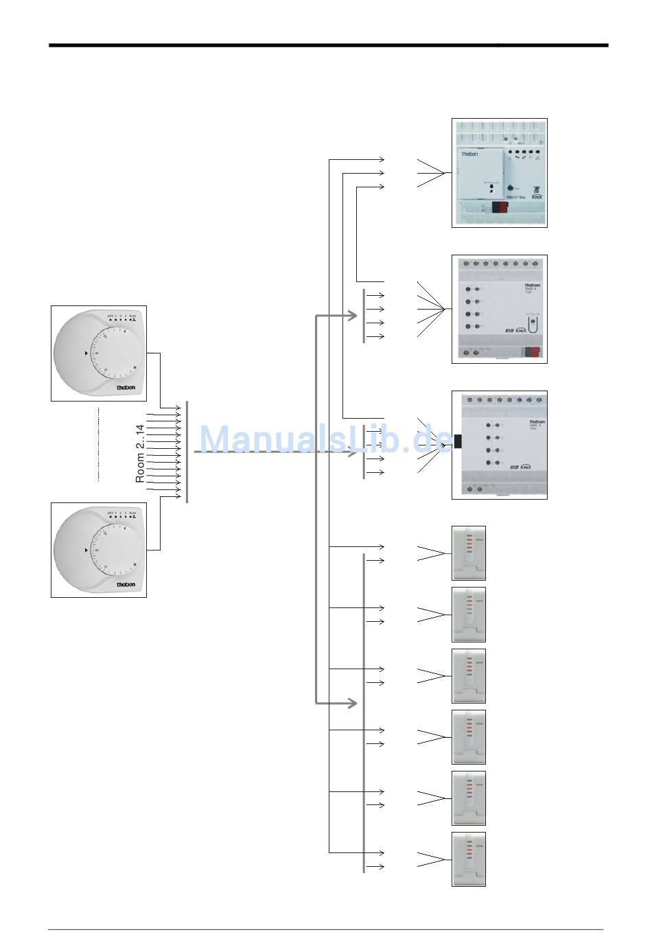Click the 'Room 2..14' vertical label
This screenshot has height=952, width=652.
[140, 453]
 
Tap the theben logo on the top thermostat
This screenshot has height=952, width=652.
[126, 387]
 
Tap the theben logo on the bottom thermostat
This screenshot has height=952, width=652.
[126, 584]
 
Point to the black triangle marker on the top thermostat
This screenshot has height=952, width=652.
[86, 353]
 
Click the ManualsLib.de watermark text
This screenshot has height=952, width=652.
[326, 439]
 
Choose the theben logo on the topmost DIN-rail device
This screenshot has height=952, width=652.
[469, 154]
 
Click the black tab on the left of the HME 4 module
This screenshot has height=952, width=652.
[457, 444]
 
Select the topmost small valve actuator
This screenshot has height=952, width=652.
[469, 553]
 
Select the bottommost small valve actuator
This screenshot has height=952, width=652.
[469, 859]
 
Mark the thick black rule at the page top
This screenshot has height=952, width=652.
[328, 45]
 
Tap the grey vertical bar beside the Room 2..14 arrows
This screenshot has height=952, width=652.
[187, 452]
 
